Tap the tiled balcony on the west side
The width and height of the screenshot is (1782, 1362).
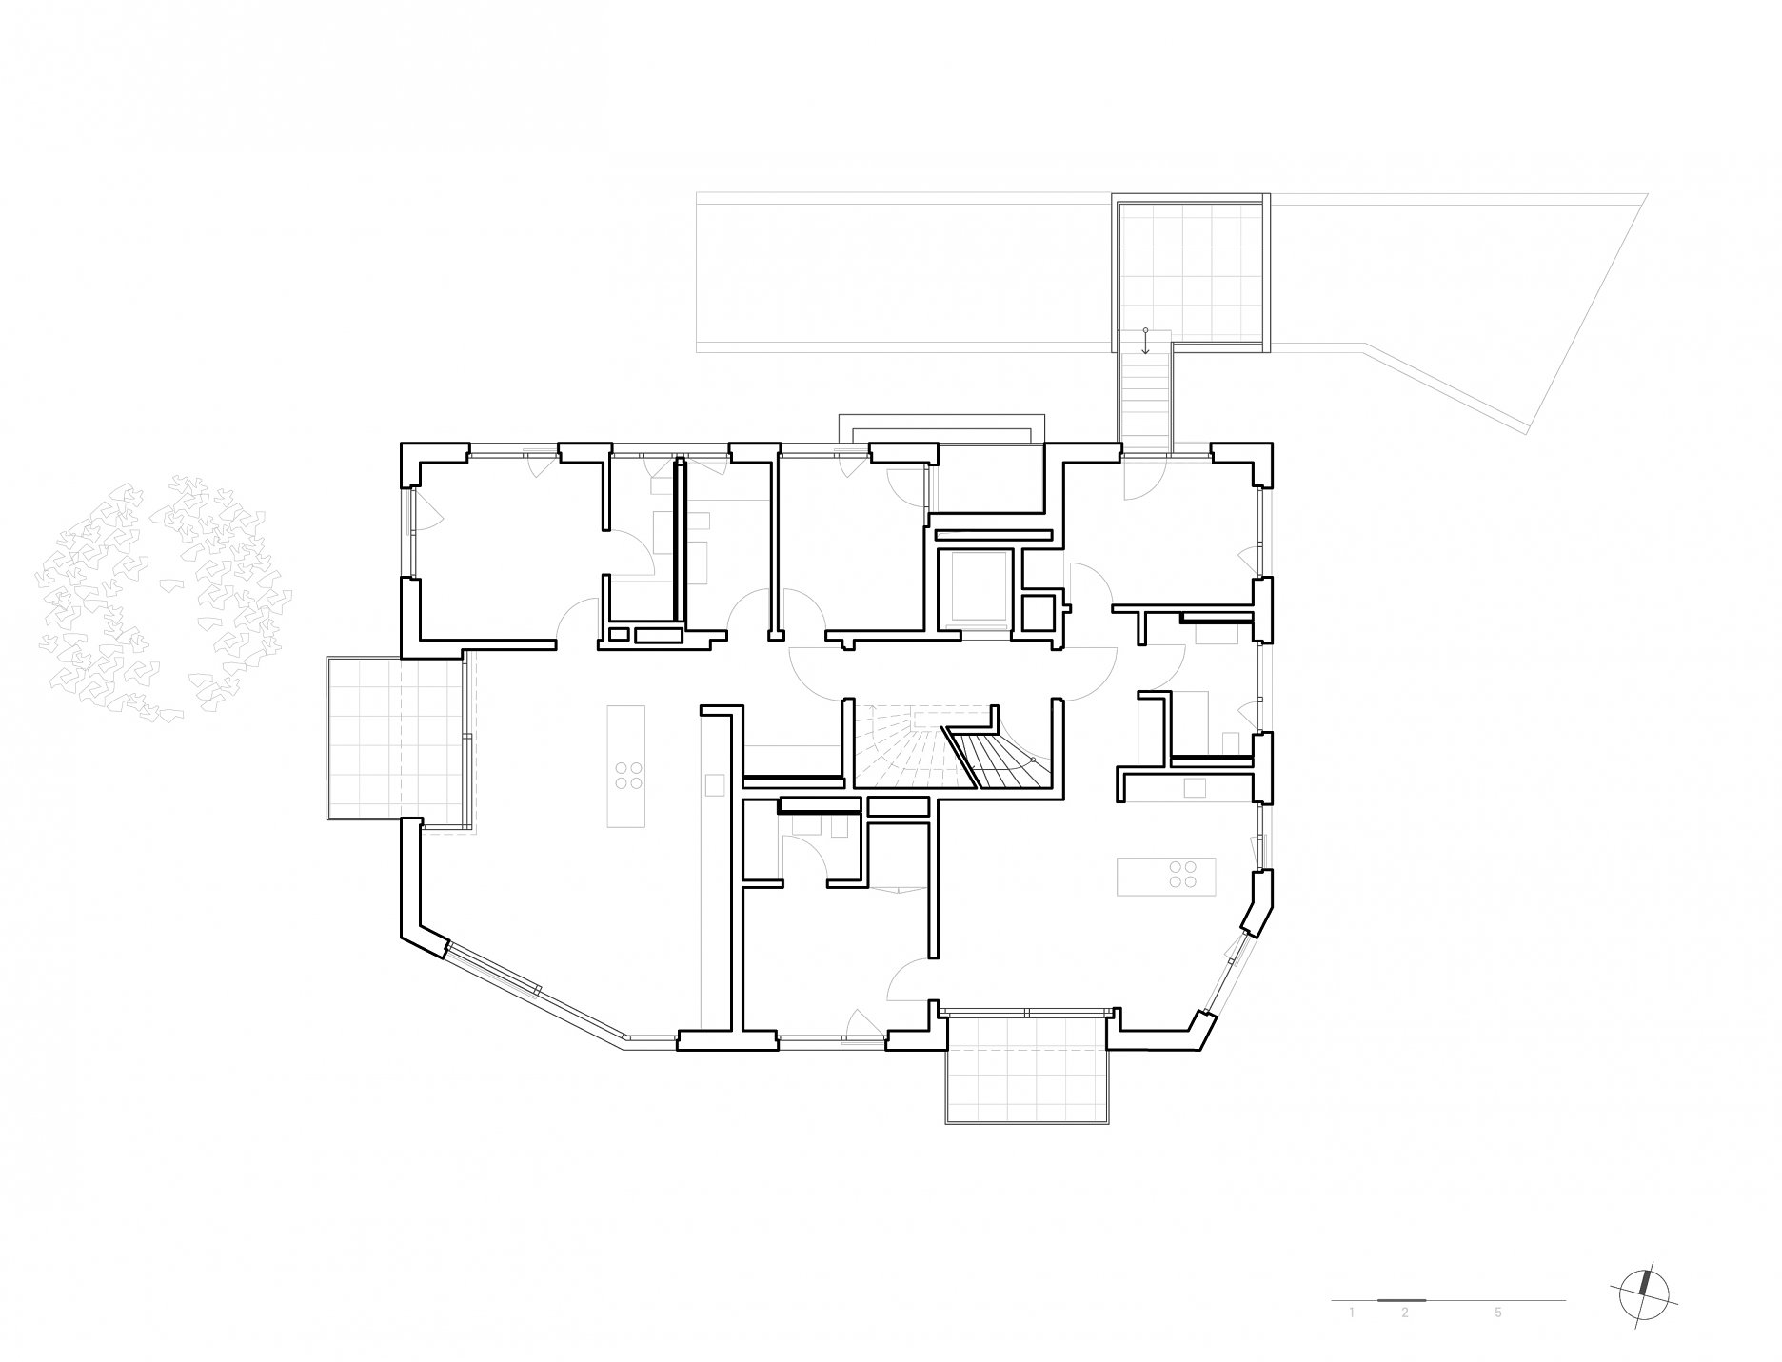tap(398, 739)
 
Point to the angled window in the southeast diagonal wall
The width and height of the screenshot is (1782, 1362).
tap(1227, 975)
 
